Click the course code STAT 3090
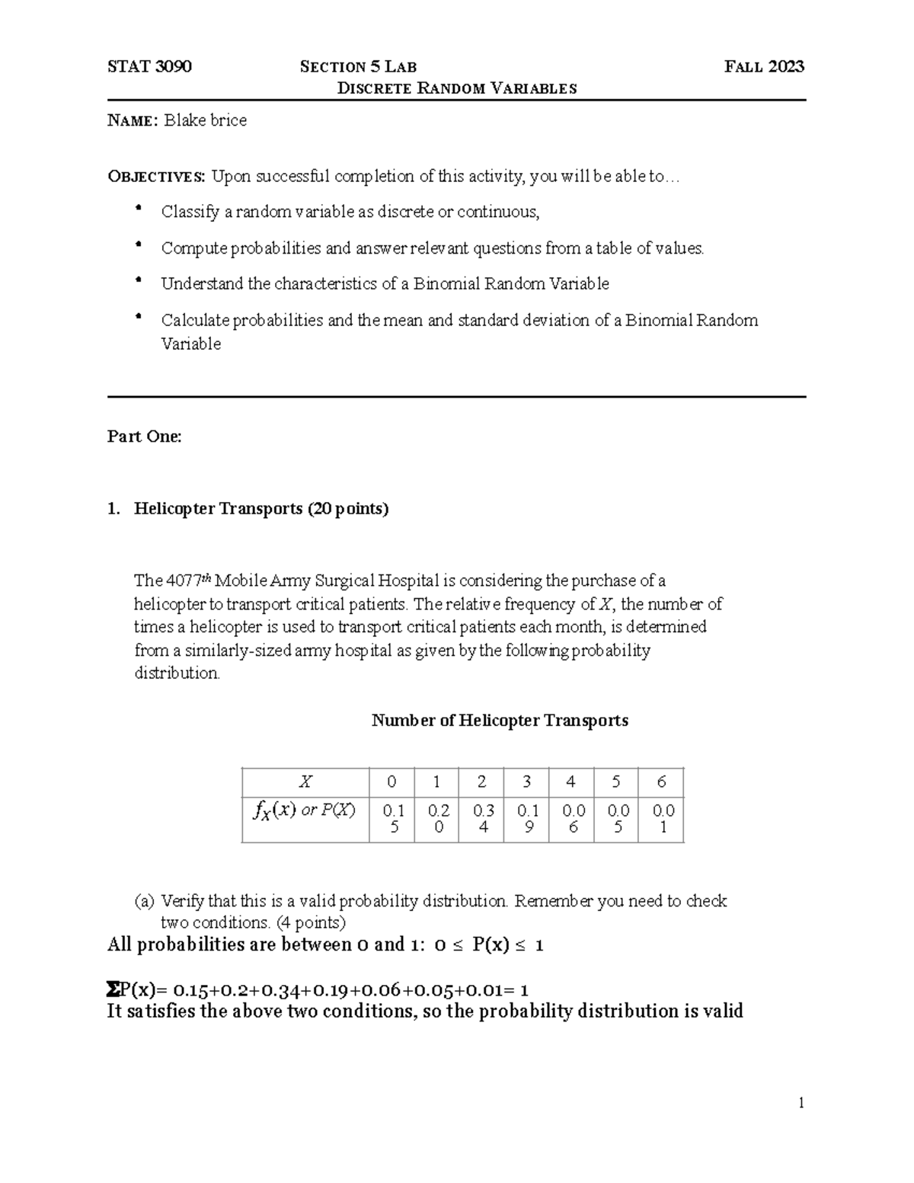click(149, 67)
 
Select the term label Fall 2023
click(764, 67)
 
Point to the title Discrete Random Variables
click(456, 88)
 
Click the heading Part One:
click(145, 436)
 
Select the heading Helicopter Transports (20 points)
click(261, 509)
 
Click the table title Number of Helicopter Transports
click(500, 721)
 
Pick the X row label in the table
click(305, 782)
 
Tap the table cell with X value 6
click(661, 782)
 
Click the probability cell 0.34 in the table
click(483, 819)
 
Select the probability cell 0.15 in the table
click(393, 819)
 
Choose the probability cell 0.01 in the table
click(663, 819)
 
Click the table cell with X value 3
click(526, 782)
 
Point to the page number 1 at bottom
click(801, 1103)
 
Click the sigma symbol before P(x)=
click(113, 990)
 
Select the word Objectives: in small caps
click(156, 177)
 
